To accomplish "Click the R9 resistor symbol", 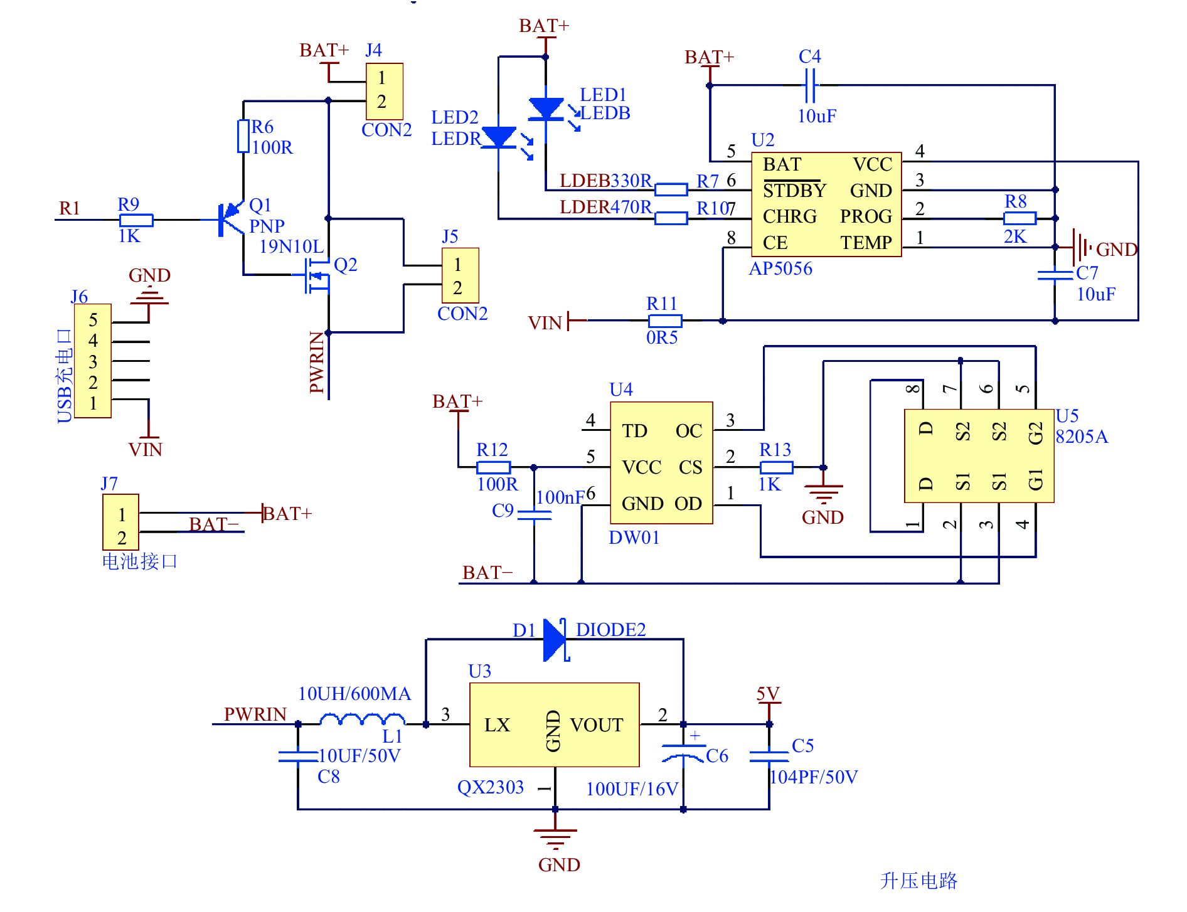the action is point(136,220).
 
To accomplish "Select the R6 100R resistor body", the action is point(243,136).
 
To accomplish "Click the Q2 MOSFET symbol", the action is point(317,275).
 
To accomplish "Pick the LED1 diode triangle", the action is point(546,109).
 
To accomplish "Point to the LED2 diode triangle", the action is point(499,137).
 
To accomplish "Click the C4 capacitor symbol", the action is point(810,85).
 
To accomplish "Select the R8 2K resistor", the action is point(1019,218).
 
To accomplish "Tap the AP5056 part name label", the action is point(780,268).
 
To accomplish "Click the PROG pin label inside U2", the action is point(866,216).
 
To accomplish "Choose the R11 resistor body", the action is point(665,321).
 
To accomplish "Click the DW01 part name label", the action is point(634,538).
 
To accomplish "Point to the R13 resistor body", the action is point(776,467).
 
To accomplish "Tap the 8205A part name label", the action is point(1082,437).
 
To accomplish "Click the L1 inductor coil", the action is point(363,719).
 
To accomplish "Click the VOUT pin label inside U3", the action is point(597,725).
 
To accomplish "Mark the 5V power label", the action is point(768,694).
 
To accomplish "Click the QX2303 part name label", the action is point(491,787).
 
